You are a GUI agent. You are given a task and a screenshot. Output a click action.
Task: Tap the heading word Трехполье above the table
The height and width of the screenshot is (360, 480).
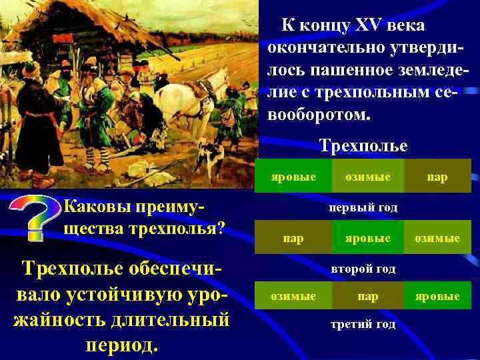tap(363, 145)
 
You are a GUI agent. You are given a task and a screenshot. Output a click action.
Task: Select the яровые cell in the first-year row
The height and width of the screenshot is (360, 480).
tap(293, 177)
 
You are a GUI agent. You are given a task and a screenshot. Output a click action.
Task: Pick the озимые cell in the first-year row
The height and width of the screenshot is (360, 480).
tap(368, 177)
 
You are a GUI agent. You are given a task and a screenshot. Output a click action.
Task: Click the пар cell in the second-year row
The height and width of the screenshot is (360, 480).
tap(293, 238)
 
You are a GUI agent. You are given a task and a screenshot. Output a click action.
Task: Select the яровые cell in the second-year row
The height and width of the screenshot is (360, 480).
tap(368, 238)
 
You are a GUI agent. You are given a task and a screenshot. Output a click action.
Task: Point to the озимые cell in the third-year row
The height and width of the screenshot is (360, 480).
tap(293, 296)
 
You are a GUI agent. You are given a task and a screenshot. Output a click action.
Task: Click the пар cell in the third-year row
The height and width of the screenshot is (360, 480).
tap(368, 296)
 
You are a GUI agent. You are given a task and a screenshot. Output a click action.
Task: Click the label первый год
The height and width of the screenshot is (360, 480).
tap(363, 207)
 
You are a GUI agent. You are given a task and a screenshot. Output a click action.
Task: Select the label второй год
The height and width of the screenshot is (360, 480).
tap(363, 269)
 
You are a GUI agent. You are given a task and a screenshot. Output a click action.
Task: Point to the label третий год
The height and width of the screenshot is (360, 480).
tap(363, 325)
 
